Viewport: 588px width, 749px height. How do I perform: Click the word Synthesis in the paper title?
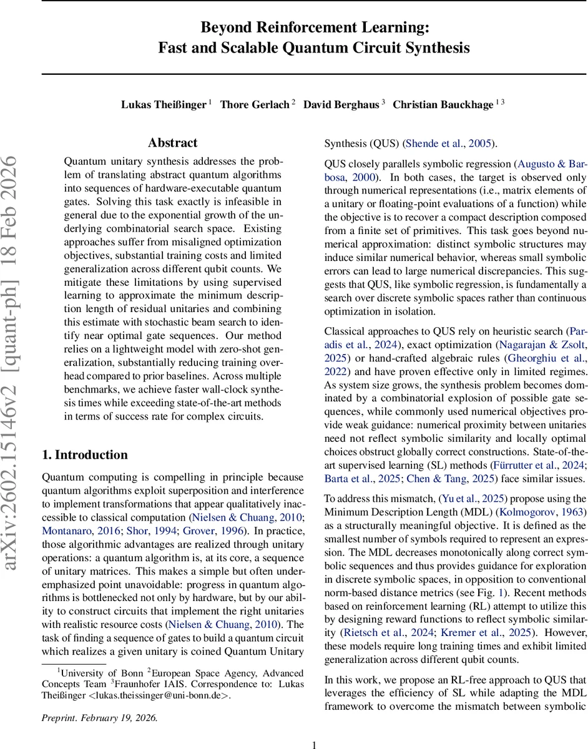tap(437, 47)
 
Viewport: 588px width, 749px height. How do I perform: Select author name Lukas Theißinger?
tap(163, 104)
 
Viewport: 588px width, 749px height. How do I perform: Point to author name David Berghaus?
tap(341, 104)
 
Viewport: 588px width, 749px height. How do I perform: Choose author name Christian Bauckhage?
tap(443, 104)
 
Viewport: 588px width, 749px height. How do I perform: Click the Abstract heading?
tap(173, 143)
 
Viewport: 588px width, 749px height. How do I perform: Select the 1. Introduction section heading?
tap(84, 454)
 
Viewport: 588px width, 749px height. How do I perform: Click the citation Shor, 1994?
tap(175, 531)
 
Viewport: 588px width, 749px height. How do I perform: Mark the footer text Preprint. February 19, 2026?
tap(100, 717)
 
